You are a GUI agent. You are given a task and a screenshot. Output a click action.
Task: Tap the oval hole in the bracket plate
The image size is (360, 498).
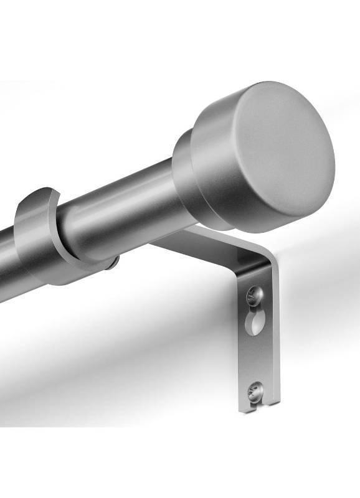coord(255,323)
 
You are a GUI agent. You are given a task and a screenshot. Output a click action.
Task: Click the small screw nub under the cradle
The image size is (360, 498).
coord(113,264)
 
